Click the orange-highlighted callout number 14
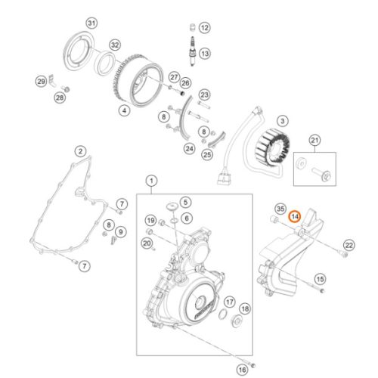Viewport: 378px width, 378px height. pos(295,217)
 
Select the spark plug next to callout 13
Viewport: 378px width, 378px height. pos(193,51)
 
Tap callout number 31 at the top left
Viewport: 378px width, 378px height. pos(91,23)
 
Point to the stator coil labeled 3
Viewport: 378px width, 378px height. pos(272,145)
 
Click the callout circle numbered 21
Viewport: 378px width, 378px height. pos(314,141)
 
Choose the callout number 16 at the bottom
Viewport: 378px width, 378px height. pos(242,370)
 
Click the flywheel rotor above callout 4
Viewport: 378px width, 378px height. pos(138,80)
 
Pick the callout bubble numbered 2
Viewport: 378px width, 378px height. pos(80,151)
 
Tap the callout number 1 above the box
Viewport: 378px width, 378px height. pos(151,181)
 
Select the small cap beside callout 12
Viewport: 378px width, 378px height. pos(192,27)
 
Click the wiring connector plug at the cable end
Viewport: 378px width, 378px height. pos(224,179)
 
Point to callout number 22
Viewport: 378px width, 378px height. pos(349,245)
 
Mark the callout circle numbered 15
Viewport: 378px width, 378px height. pos(320,279)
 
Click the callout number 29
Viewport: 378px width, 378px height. pos(41,82)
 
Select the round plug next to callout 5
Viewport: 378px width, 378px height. pos(172,206)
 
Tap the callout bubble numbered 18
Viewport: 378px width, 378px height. pos(245,308)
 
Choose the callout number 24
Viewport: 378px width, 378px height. pos(190,149)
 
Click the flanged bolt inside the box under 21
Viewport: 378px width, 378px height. pos(321,173)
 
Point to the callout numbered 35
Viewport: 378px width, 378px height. pos(280,209)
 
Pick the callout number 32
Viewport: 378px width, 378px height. pos(115,45)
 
